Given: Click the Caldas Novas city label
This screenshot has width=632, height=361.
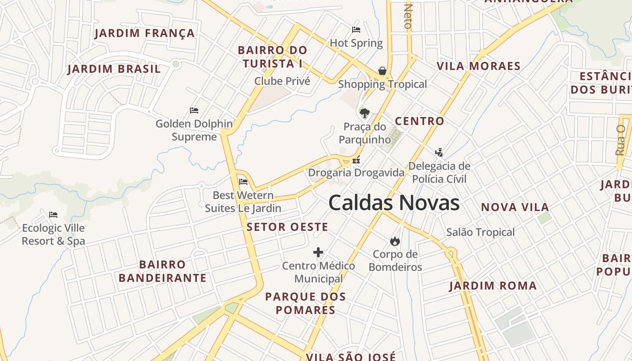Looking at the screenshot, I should [394, 203].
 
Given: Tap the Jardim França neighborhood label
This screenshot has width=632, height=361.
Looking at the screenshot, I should [144, 33].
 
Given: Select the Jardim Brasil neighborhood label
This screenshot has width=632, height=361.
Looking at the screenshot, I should [114, 69].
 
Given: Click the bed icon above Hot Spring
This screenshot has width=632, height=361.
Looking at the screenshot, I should [356, 30].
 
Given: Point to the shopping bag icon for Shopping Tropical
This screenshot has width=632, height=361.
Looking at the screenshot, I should [382, 71].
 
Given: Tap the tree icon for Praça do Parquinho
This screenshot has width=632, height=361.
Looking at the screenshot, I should [364, 113].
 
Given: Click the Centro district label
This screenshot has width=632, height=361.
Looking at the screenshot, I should [419, 121].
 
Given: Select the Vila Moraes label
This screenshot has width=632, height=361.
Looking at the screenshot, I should [479, 66].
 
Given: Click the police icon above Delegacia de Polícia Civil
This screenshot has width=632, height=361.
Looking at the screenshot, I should [439, 152].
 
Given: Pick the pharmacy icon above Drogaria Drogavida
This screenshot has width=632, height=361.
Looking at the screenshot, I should [356, 159].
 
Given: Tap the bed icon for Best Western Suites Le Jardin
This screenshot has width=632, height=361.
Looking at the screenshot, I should [243, 182].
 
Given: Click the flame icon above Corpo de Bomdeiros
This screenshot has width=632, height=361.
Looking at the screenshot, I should [395, 241].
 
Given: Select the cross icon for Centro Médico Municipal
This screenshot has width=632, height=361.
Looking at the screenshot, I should [318, 252].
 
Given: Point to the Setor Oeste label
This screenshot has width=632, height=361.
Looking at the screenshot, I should [287, 227].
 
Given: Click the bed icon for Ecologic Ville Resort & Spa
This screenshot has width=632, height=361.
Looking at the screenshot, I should [53, 214].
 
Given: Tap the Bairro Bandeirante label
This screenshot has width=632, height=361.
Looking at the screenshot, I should [163, 271].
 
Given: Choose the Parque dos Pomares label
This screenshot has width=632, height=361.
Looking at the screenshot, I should [305, 303].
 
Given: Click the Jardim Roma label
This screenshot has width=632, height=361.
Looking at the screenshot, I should [493, 286].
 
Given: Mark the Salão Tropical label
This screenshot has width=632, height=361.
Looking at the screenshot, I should [480, 232].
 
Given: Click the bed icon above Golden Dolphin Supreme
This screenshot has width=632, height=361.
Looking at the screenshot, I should [194, 110].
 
